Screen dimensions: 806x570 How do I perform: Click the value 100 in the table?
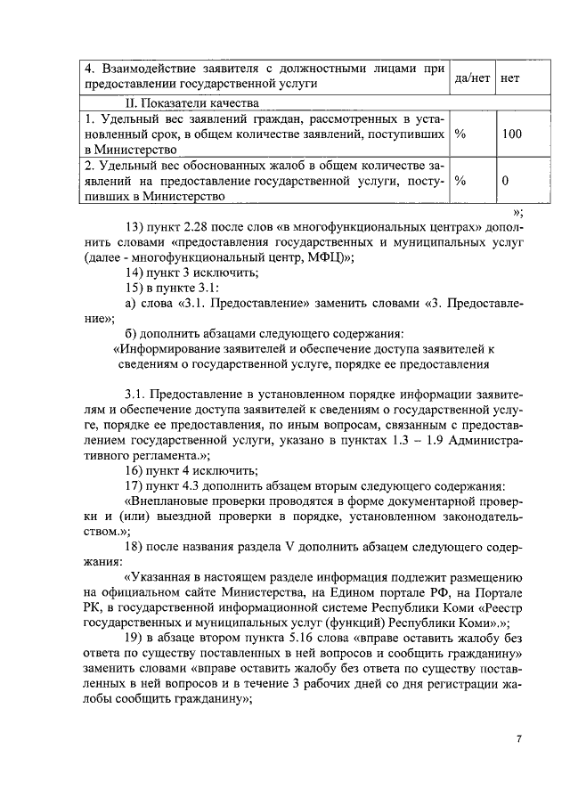point(511,134)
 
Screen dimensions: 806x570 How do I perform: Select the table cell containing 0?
point(505,181)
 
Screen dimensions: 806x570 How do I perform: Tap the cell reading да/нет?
point(473,77)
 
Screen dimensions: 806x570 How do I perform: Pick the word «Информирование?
point(169,348)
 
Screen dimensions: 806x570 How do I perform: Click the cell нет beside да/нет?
point(510,77)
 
